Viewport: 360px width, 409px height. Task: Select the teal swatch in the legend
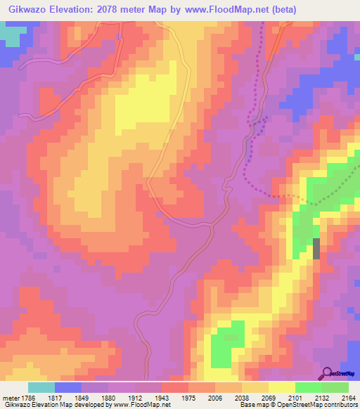click(x=41, y=387)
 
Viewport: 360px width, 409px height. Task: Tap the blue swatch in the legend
click(x=68, y=387)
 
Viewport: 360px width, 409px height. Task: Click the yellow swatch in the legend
click(x=282, y=387)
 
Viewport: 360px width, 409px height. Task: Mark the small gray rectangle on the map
click(x=316, y=249)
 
